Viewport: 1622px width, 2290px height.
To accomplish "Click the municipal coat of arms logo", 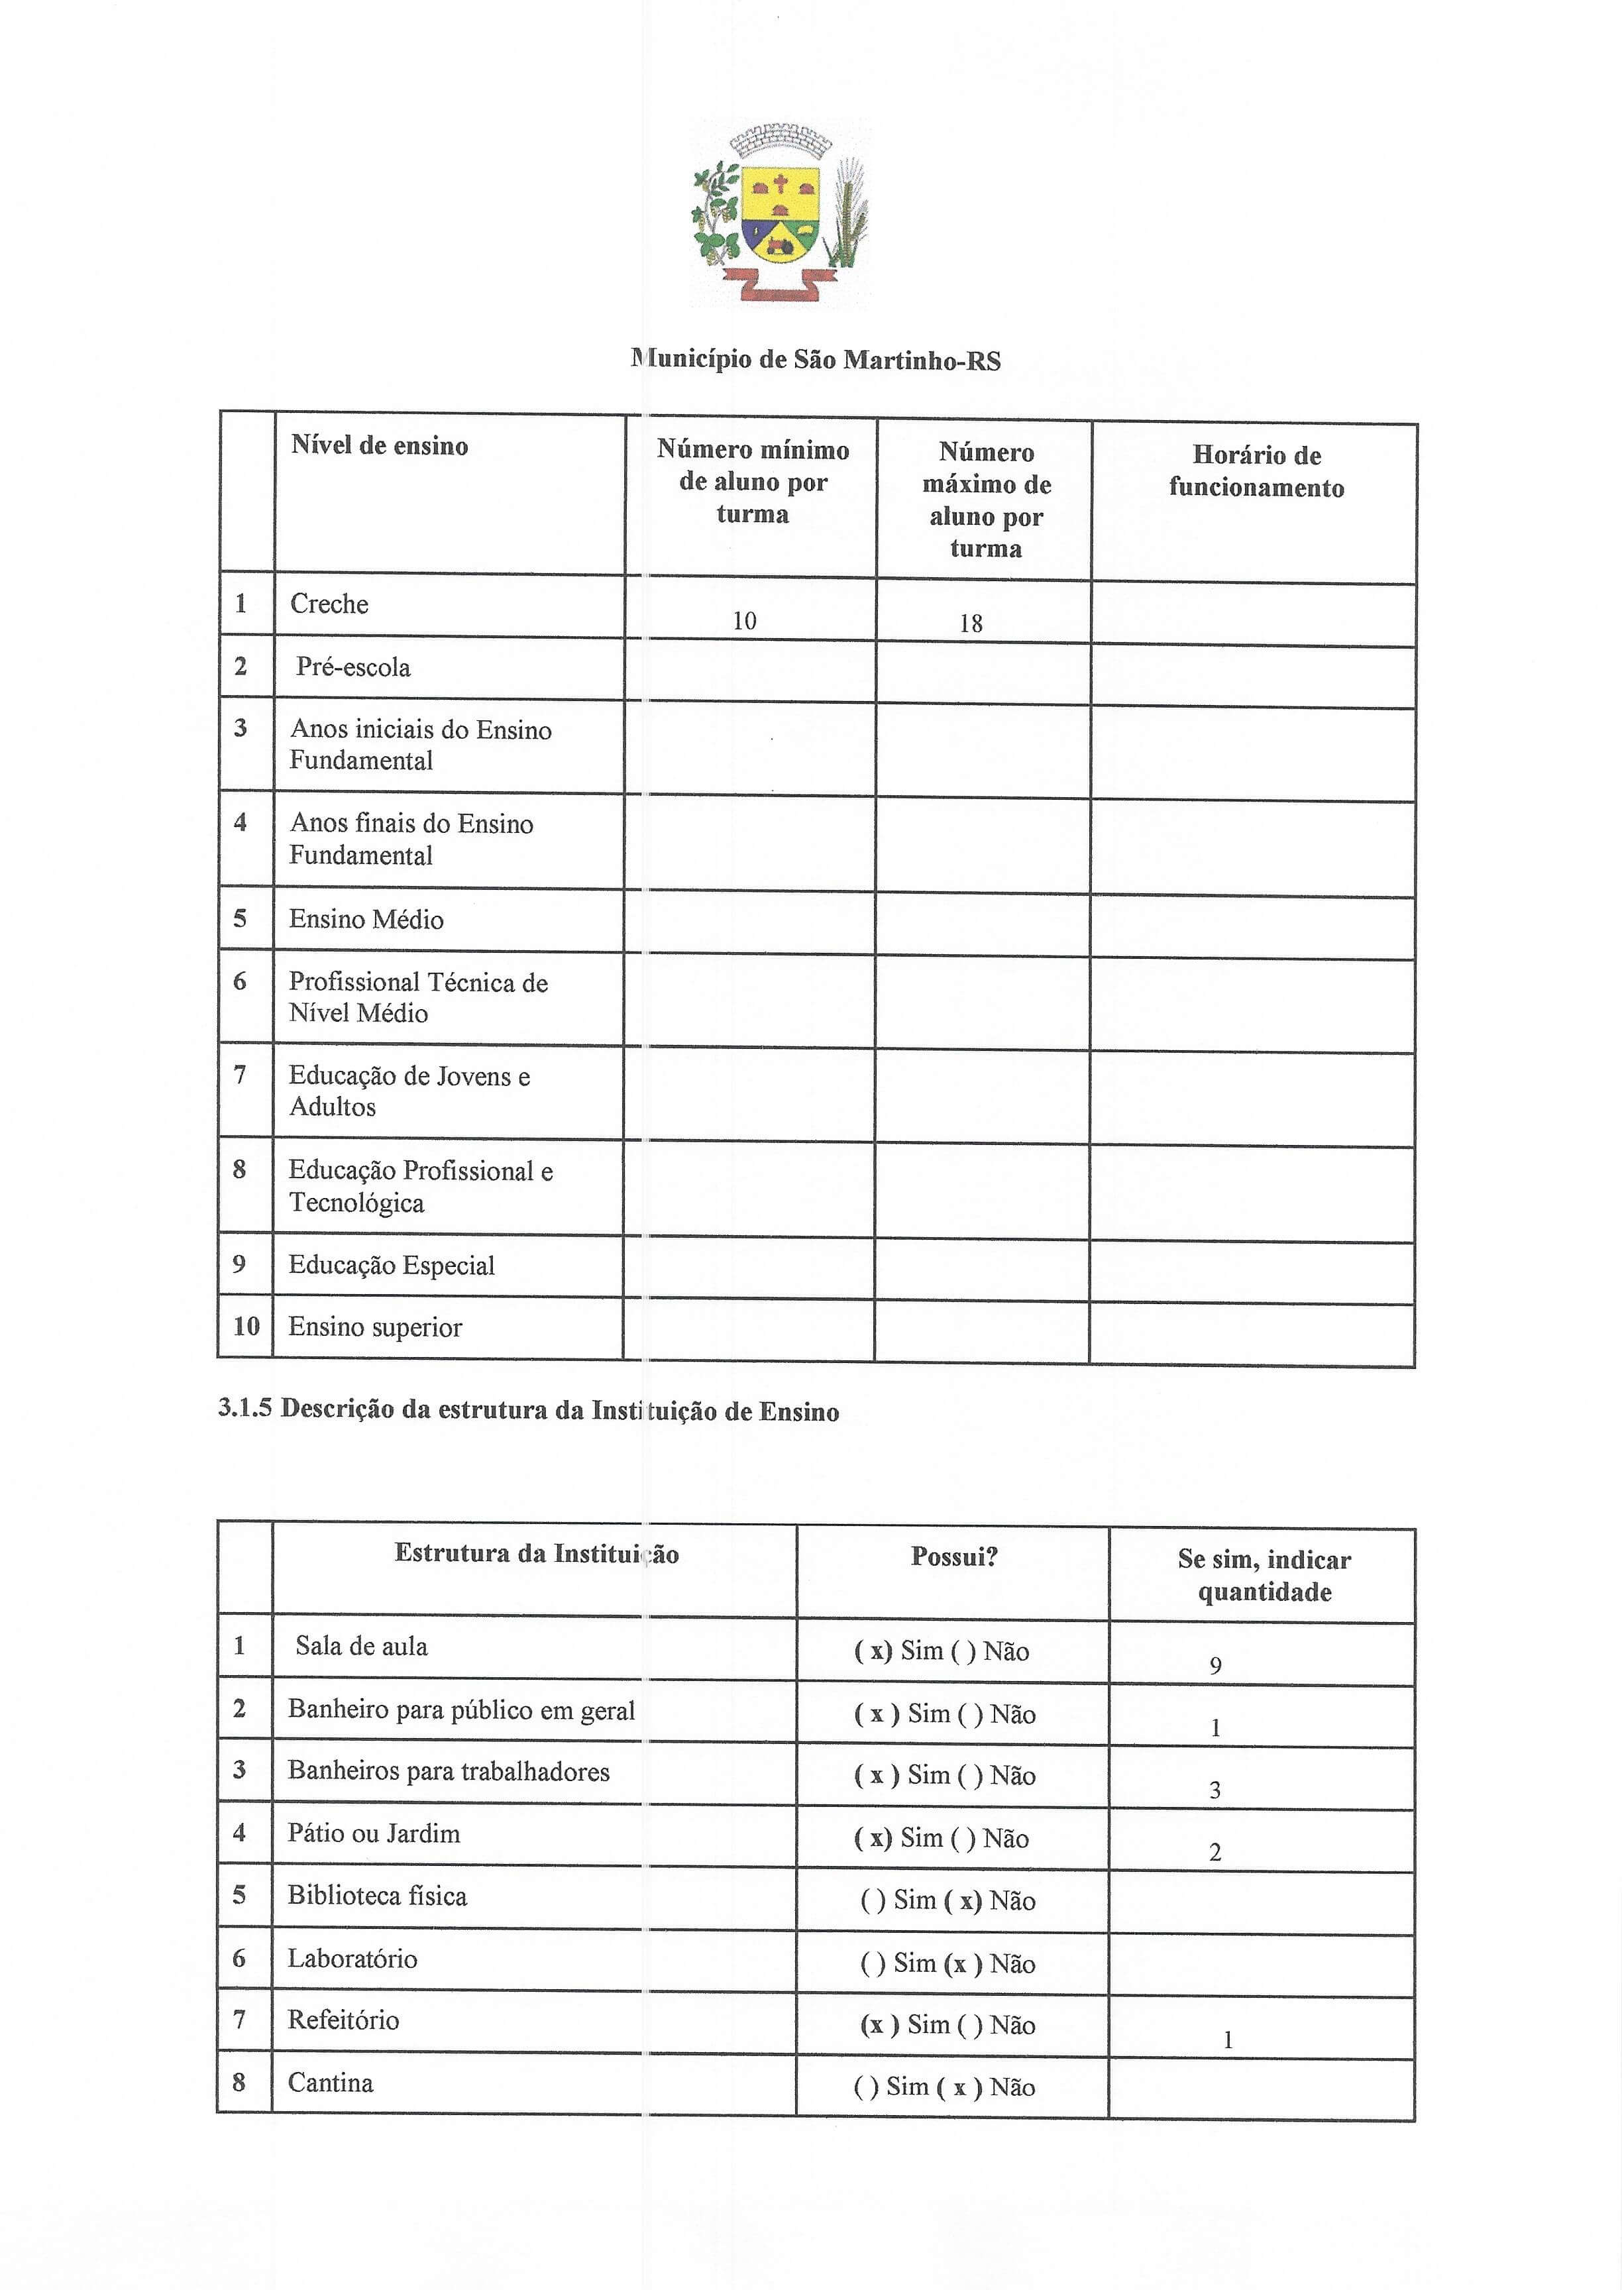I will coord(780,213).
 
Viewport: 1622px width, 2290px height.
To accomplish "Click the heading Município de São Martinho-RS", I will coord(816,360).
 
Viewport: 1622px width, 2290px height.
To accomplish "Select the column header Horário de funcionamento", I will coord(1256,471).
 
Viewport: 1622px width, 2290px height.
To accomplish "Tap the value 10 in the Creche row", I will coord(744,621).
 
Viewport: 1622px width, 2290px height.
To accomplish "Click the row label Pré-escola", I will coord(352,667).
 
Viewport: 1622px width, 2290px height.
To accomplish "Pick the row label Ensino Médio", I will coord(366,919).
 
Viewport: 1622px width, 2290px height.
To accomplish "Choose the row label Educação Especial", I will coord(392,1266).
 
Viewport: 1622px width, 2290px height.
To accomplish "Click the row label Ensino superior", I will coord(374,1327).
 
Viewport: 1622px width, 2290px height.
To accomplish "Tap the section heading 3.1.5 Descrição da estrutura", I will coord(528,1410).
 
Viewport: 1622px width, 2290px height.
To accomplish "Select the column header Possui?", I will coord(954,1556).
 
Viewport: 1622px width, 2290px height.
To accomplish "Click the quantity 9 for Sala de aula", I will coord(1215,1664).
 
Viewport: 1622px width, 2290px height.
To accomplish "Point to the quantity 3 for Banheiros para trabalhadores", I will coord(1215,1790).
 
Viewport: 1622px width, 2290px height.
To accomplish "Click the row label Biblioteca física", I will coord(376,1896).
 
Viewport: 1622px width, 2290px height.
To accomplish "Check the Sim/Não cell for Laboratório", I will coord(947,1963).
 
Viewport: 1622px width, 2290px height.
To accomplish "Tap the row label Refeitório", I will coord(343,2020).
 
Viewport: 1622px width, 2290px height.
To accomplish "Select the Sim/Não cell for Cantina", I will coord(944,2087).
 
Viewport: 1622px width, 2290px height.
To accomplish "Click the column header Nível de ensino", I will coord(380,445).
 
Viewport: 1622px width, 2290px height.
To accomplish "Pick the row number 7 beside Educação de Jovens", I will coord(240,1075).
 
